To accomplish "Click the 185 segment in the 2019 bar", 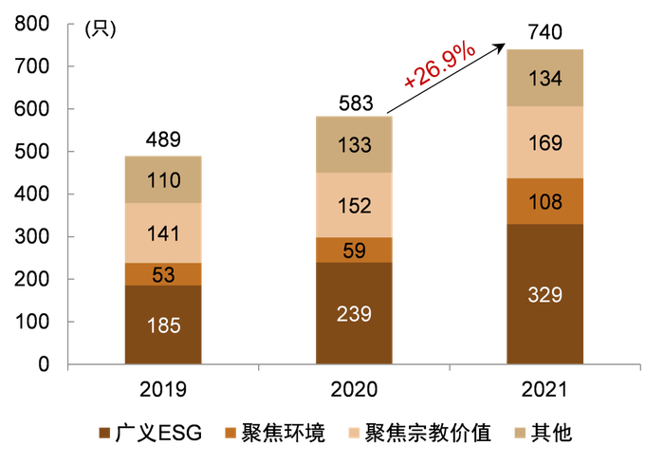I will pyautogui.click(x=164, y=324).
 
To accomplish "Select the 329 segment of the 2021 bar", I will pyautogui.click(x=544, y=294).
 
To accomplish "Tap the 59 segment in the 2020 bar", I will pyautogui.click(x=354, y=250).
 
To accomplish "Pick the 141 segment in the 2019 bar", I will pyautogui.click(x=164, y=232).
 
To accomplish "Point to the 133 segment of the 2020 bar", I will pyautogui.click(x=354, y=145).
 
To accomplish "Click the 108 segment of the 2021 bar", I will pyautogui.click(x=544, y=201).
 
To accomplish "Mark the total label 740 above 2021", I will pyautogui.click(x=544, y=32).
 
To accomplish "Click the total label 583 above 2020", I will pyautogui.click(x=354, y=102).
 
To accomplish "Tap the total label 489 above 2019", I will pyautogui.click(x=164, y=140).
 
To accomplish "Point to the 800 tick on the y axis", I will pyautogui.click(x=31, y=25).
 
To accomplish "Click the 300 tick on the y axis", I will pyautogui.click(x=31, y=237).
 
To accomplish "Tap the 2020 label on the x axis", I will pyautogui.click(x=354, y=389).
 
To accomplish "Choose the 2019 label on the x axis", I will pyautogui.click(x=164, y=389).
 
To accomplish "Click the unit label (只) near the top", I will pyautogui.click(x=100, y=28).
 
